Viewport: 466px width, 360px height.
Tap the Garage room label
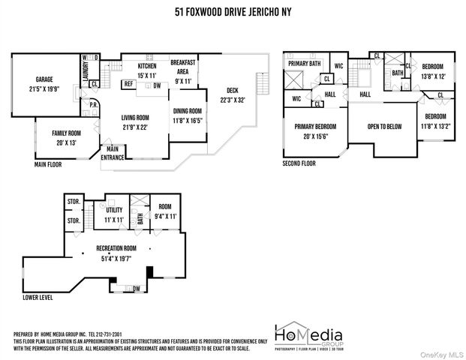pyautogui.click(x=44, y=84)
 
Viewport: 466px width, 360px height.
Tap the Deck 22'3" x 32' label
pyautogui.click(x=232, y=95)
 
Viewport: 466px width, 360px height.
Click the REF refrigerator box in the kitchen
pyautogui.click(x=128, y=85)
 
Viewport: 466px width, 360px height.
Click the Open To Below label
pyautogui.click(x=385, y=127)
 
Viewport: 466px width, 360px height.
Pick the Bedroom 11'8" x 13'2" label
pyautogui.click(x=435, y=121)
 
